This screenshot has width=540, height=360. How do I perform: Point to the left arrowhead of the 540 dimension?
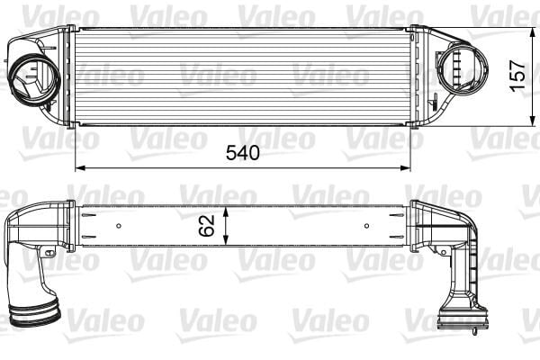click(x=78, y=167)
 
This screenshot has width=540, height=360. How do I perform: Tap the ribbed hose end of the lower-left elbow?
click(x=33, y=314)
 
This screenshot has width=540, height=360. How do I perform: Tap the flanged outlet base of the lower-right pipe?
click(x=462, y=316)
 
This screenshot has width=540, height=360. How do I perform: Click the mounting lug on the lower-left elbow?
click(x=49, y=253)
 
